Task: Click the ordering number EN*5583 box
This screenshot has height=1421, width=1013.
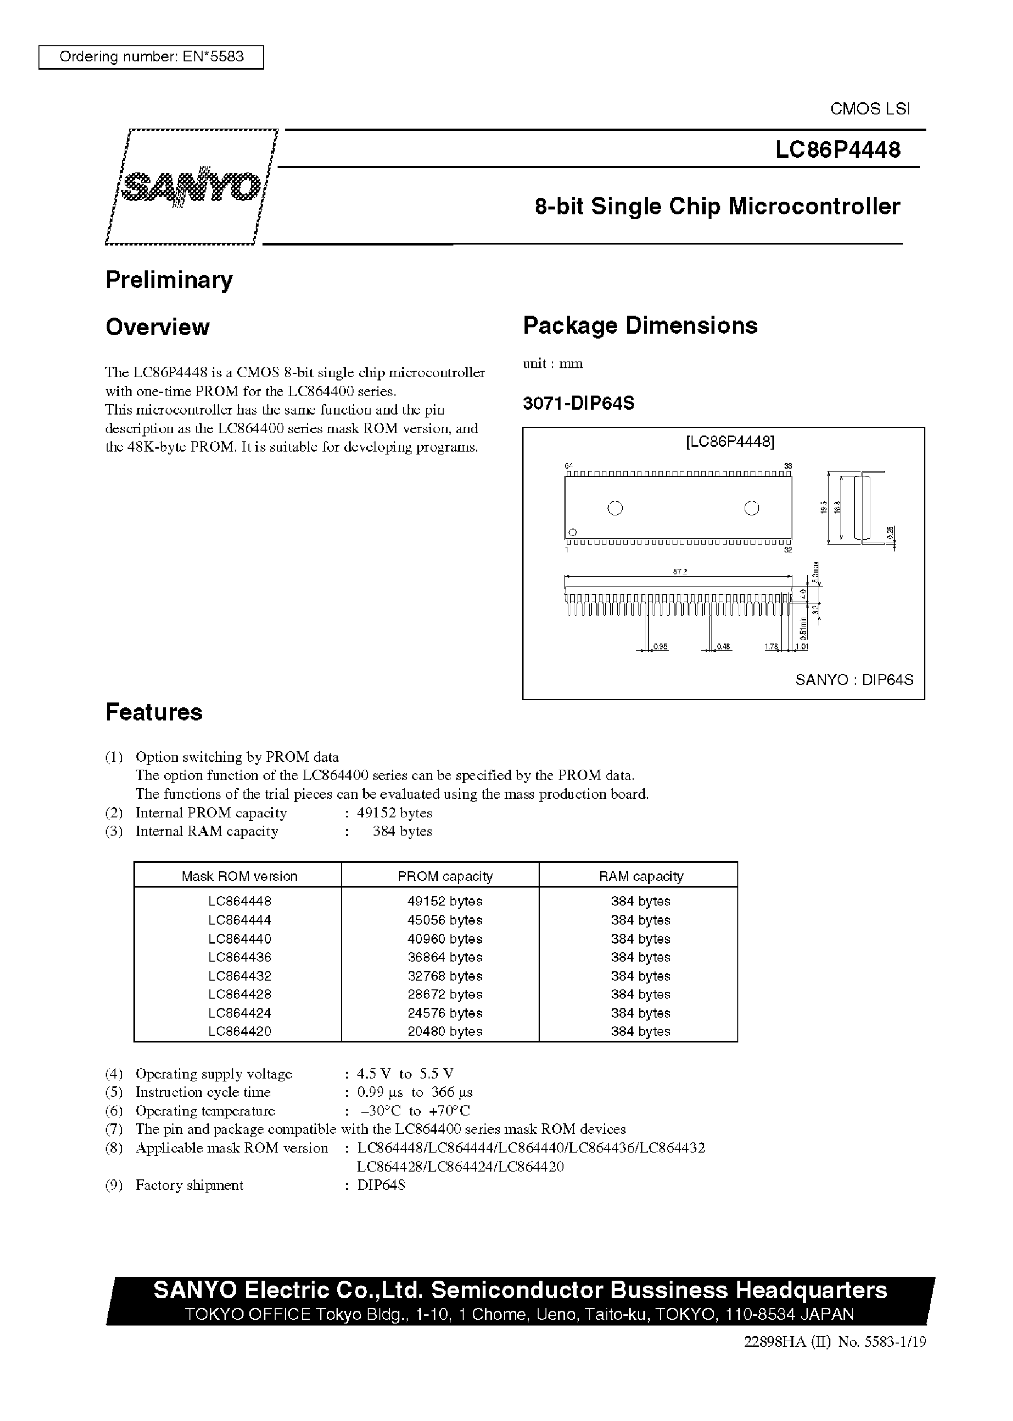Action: [x=151, y=57]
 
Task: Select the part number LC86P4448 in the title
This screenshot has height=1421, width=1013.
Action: [x=837, y=150]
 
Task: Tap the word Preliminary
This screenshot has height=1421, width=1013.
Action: [x=169, y=280]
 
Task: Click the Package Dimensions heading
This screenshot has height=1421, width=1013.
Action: [x=639, y=325]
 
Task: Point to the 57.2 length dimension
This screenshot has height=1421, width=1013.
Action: [x=679, y=571]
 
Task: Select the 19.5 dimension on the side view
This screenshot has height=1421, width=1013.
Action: [x=824, y=507]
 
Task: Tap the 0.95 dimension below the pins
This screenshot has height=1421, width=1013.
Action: [x=660, y=647]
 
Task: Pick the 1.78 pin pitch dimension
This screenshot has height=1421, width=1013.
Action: [x=771, y=647]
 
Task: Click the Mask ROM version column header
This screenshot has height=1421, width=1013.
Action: [x=239, y=876]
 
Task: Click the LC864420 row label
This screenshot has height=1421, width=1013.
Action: [x=240, y=1031]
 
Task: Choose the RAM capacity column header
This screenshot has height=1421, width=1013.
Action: [x=640, y=876]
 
